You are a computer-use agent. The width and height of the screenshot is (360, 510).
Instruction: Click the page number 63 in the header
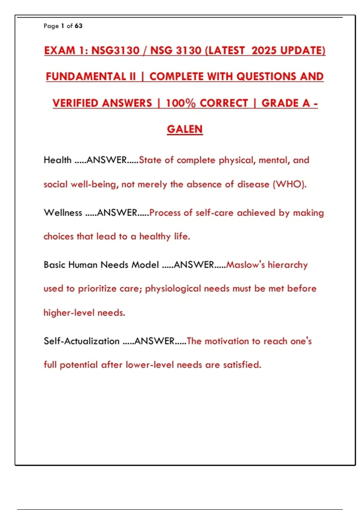(79, 26)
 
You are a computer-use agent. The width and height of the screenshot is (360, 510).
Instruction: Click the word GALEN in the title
(185, 129)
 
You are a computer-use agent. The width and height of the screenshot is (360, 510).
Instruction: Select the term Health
(57, 160)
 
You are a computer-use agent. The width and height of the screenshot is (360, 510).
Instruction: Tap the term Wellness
(63, 213)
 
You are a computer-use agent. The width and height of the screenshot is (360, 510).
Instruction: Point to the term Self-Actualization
(82, 341)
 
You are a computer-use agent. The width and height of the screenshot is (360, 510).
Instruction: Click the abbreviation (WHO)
(289, 184)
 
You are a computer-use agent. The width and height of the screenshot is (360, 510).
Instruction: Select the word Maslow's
(245, 265)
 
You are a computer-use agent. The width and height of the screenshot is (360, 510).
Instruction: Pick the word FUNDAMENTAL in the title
(86, 76)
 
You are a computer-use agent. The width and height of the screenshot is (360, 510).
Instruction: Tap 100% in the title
(181, 103)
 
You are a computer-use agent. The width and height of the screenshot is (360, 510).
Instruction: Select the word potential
(79, 365)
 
